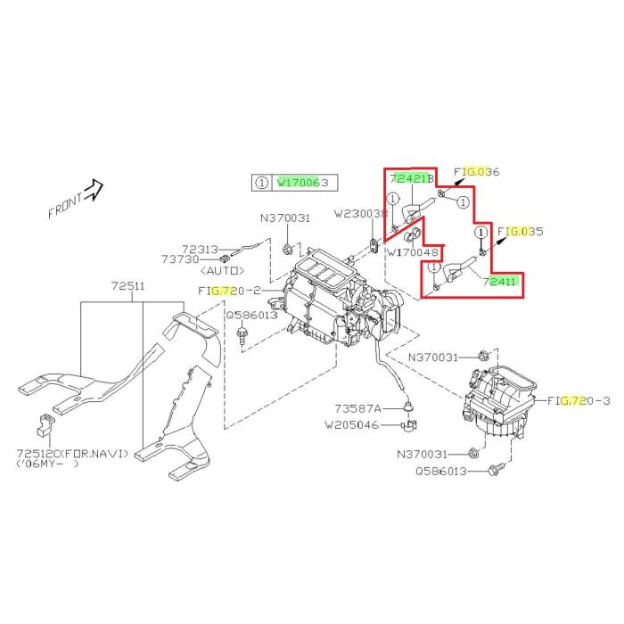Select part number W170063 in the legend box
coord(302,183)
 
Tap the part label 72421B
coord(412,178)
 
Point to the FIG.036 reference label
coord(476,172)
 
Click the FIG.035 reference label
coord(520,231)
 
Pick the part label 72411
coord(499,282)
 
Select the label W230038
coord(360,214)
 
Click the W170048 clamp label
coord(413,252)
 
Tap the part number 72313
coord(201,250)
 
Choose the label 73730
coord(180,259)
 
